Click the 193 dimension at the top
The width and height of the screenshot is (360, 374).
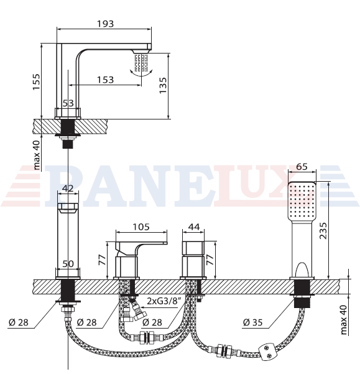tap(105, 24)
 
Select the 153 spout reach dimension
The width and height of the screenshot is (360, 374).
tap(105, 80)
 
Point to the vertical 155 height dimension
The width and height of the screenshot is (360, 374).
tap(37, 82)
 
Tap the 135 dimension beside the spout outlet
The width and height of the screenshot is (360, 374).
tap(163, 85)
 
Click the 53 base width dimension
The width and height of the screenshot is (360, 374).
tap(68, 103)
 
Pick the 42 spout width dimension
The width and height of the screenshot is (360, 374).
tap(68, 189)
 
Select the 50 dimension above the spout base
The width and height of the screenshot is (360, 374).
tap(68, 264)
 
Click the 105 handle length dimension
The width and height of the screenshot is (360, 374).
tap(141, 227)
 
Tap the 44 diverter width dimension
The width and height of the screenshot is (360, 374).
tap(194, 227)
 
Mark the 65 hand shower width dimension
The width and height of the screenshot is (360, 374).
tap(302, 167)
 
